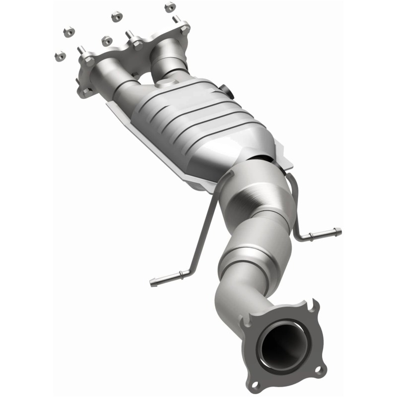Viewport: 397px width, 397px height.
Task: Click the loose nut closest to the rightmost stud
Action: pyautogui.click(x=170, y=7)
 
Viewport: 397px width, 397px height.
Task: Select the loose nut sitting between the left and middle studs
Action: pyautogui.click(x=106, y=41)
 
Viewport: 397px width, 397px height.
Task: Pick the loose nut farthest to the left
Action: pyautogui.click(x=58, y=54)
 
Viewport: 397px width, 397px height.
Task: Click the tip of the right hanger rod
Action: pyautogui.click(x=338, y=231)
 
